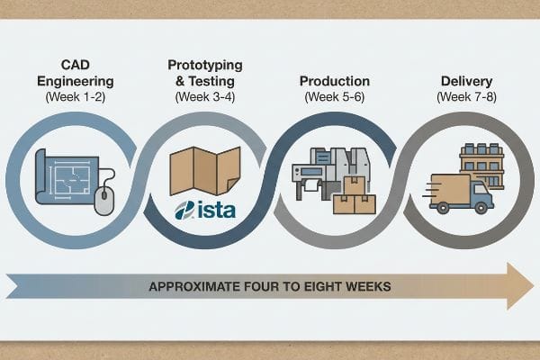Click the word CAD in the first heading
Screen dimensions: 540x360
coord(75,65)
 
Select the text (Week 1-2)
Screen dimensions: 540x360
coord(75,97)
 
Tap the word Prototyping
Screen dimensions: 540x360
coord(205,66)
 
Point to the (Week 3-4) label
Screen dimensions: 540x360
coord(205,97)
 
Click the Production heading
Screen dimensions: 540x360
coord(335,81)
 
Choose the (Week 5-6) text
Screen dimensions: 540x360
coord(335,97)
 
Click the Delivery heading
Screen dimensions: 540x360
coord(466,81)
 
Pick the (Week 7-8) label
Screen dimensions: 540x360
coord(466,97)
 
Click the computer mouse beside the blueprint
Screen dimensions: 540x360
coord(103,201)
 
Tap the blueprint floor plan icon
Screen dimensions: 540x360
coord(67,176)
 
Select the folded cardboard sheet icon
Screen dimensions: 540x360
coord(205,171)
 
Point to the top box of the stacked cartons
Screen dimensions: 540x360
coord(355,186)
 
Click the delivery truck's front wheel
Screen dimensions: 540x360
coord(480,207)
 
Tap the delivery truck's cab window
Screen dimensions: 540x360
coord(480,189)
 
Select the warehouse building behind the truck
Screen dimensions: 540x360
coord(482,166)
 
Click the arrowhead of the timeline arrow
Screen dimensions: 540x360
coord(520,286)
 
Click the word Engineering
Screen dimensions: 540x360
coord(75,82)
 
